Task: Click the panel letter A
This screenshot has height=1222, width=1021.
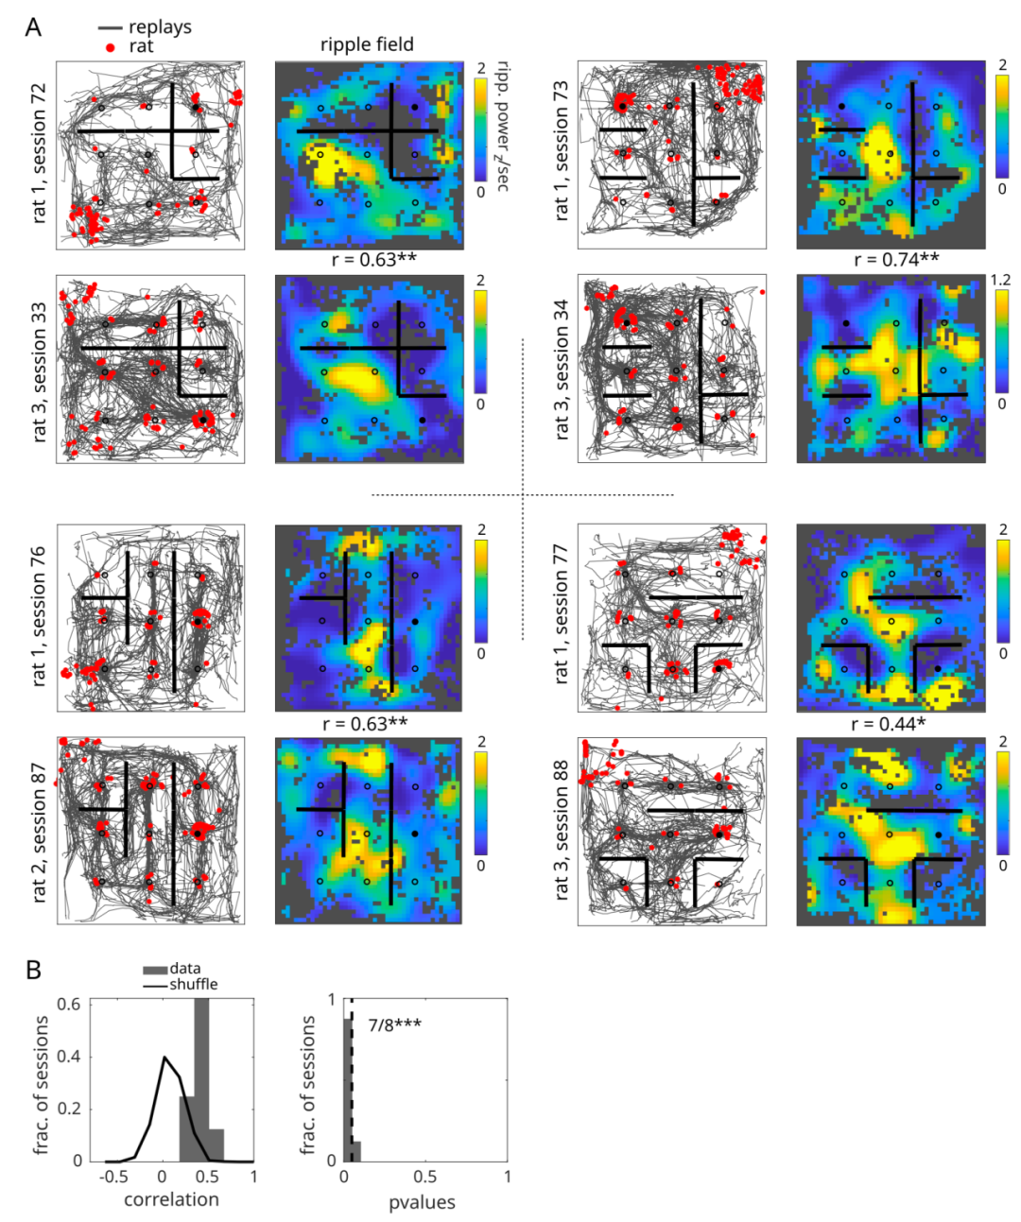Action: click(33, 27)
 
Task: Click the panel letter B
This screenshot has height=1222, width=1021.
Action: click(33, 970)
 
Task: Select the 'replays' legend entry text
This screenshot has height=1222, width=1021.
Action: click(160, 27)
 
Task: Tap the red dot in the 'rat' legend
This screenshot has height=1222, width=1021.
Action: click(110, 47)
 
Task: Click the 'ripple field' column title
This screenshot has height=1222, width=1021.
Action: click(367, 44)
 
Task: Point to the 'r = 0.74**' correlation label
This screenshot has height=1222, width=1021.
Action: click(896, 259)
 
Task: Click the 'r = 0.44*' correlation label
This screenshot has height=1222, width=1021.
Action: click(889, 724)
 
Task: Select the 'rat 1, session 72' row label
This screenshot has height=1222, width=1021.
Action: click(39, 153)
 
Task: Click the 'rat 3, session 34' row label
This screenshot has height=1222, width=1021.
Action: click(561, 370)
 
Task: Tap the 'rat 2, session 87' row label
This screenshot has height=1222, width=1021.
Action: click(39, 833)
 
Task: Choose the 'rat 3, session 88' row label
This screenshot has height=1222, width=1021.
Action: click(561, 830)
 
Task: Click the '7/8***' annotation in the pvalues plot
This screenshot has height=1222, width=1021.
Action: click(394, 1024)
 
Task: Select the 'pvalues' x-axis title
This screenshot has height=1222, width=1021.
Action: click(422, 1202)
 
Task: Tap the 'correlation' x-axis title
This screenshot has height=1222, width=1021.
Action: click(171, 1199)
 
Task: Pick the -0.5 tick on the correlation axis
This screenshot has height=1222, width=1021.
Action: click(113, 1177)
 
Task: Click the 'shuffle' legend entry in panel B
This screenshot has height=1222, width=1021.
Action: click(193, 985)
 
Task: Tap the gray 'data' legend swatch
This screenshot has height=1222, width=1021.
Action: click(155, 970)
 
